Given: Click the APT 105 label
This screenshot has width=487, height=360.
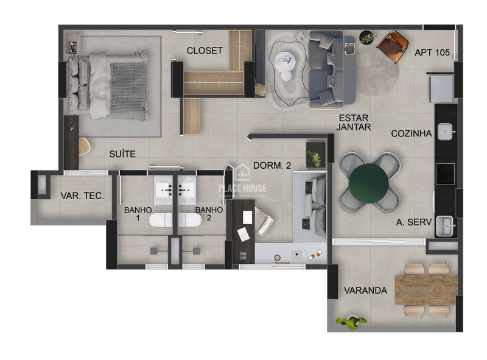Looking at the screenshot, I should click(432, 52).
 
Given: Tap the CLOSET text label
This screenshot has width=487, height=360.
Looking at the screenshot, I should click(205, 51).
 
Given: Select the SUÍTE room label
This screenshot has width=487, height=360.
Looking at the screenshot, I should click(122, 154).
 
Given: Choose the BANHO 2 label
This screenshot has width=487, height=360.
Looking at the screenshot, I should click(204, 213).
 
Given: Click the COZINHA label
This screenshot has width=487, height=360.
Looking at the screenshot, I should click(412, 133).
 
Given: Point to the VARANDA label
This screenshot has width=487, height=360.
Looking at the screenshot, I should click(365, 291).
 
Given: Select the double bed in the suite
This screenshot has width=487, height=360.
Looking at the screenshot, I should click(110, 85).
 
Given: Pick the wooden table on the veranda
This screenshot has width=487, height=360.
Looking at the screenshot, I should click(426, 289).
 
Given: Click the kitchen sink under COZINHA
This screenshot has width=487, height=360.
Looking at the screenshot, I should click(446, 131).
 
